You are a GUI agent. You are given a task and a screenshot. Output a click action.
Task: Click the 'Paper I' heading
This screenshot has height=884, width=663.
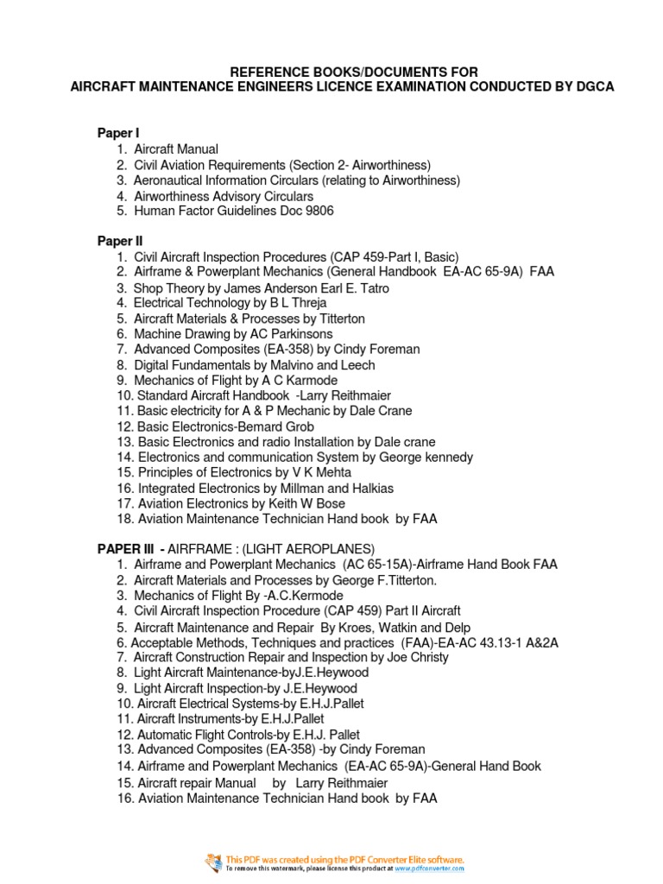click(x=117, y=133)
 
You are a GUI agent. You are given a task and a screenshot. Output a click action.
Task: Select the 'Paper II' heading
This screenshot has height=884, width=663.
click(x=119, y=241)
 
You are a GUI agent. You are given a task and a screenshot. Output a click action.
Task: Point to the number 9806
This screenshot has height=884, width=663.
click(x=317, y=210)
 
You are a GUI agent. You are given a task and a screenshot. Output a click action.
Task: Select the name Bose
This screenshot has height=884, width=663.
click(x=329, y=503)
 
